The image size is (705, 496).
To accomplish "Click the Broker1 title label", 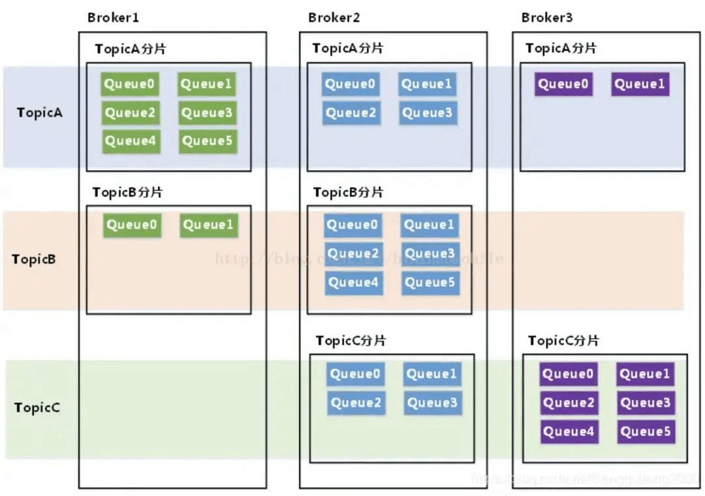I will click(x=113, y=18).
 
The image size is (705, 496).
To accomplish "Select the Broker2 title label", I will click(x=334, y=18).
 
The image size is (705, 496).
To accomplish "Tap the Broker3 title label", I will click(x=546, y=18).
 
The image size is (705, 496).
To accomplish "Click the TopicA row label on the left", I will click(x=40, y=112).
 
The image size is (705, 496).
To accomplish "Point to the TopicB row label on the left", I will click(x=34, y=259).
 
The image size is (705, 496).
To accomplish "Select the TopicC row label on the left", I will click(x=37, y=408).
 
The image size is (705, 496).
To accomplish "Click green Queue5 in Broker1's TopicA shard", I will click(x=207, y=141).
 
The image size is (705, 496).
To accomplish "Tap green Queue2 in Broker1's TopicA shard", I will click(x=131, y=113).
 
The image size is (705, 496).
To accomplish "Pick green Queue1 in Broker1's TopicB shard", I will click(x=208, y=226).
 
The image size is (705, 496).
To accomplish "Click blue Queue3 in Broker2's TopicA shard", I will click(x=427, y=113).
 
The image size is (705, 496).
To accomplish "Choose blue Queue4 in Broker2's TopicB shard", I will click(x=353, y=283).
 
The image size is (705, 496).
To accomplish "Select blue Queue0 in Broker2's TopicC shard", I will click(x=355, y=374).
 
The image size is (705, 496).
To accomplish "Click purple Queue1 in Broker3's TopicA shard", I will click(x=640, y=84).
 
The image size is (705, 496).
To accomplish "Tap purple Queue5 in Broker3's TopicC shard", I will click(x=645, y=431).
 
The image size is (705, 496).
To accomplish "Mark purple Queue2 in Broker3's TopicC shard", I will click(x=569, y=403).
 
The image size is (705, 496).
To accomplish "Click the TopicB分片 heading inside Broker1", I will click(x=127, y=192).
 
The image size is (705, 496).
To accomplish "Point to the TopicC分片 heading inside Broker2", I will click(x=351, y=341).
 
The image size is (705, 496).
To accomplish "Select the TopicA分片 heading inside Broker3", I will click(x=561, y=48).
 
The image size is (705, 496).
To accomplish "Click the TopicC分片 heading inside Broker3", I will click(x=563, y=341).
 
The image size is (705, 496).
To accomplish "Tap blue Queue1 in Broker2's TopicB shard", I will click(x=429, y=226).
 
